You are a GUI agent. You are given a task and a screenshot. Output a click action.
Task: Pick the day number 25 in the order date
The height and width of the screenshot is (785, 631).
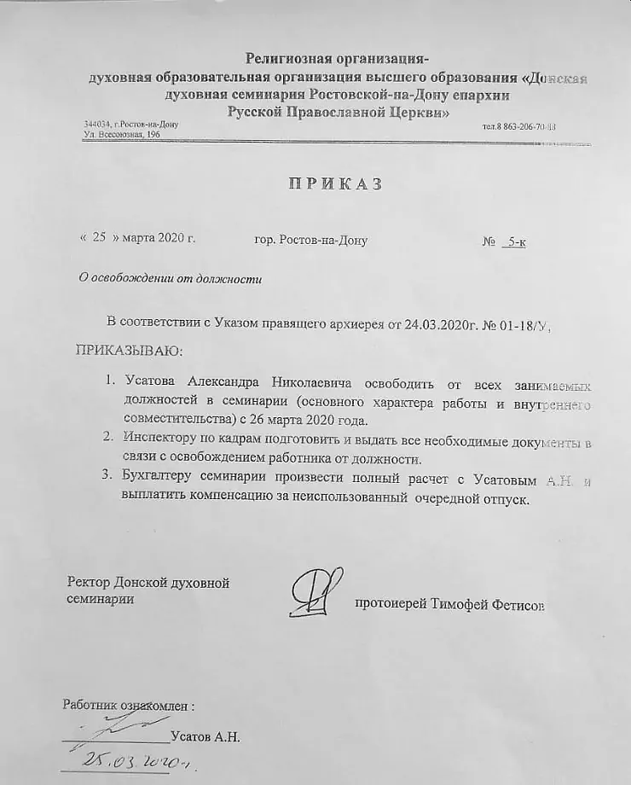[98, 239]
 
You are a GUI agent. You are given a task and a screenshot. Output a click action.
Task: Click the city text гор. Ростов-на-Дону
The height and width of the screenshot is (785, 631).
[310, 240]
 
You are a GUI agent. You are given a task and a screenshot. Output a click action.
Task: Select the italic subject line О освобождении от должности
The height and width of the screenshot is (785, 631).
[170, 278]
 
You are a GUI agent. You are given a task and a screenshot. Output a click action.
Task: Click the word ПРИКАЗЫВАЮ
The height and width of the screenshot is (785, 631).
[129, 350]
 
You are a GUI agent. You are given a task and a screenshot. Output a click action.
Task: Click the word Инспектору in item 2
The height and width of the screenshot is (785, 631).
[156, 438]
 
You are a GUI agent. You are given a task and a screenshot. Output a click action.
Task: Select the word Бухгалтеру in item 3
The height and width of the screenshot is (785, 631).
[158, 477]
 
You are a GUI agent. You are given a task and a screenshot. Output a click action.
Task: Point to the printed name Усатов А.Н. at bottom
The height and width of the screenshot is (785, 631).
[206, 736]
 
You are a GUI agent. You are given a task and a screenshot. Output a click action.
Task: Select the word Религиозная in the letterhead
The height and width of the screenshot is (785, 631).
[291, 59]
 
